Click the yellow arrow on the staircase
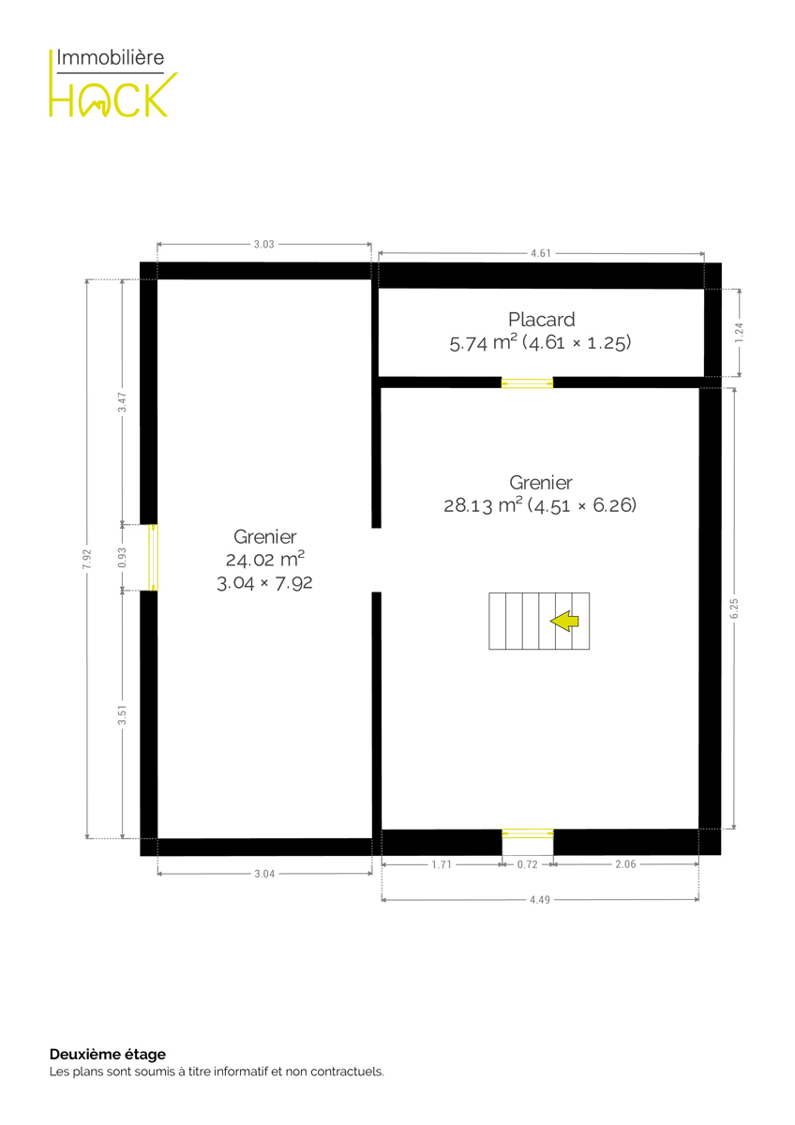point(564,621)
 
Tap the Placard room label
point(541,320)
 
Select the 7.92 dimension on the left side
point(87,559)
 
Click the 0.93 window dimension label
point(122,558)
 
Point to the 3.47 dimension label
point(122,402)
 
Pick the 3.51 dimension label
point(122,715)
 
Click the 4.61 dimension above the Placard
point(541,253)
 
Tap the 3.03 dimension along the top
point(263,244)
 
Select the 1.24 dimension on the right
point(739,333)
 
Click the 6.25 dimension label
point(734,608)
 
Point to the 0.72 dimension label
point(527,864)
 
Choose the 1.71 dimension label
point(442,864)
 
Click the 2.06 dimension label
point(625,863)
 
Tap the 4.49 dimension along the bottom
point(540,899)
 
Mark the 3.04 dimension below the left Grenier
point(264,874)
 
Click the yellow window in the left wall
point(153,558)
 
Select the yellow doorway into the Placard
point(527,382)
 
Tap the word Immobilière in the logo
point(110,57)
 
